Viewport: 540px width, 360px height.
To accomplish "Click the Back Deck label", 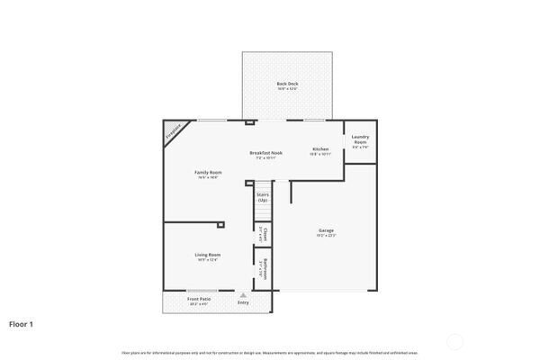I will click(x=287, y=84).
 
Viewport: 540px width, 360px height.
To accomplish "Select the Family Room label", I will click(x=208, y=172).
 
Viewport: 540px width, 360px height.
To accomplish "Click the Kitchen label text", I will click(x=320, y=148).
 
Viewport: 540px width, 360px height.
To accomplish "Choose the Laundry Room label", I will click(x=360, y=139).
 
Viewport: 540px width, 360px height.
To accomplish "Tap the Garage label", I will click(x=326, y=230).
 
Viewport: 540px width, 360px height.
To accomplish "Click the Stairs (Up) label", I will click(x=263, y=195).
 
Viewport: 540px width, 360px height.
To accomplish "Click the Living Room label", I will click(x=208, y=255).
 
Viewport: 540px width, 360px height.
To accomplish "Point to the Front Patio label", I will click(x=199, y=299).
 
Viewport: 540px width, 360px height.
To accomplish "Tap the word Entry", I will click(x=243, y=303).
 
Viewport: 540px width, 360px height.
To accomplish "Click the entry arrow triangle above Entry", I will click(x=241, y=294).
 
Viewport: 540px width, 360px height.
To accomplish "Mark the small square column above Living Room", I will click(x=221, y=226).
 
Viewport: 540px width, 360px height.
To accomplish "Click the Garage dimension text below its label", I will click(x=326, y=236).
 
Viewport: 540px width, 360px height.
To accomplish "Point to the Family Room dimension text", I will click(x=208, y=177).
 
